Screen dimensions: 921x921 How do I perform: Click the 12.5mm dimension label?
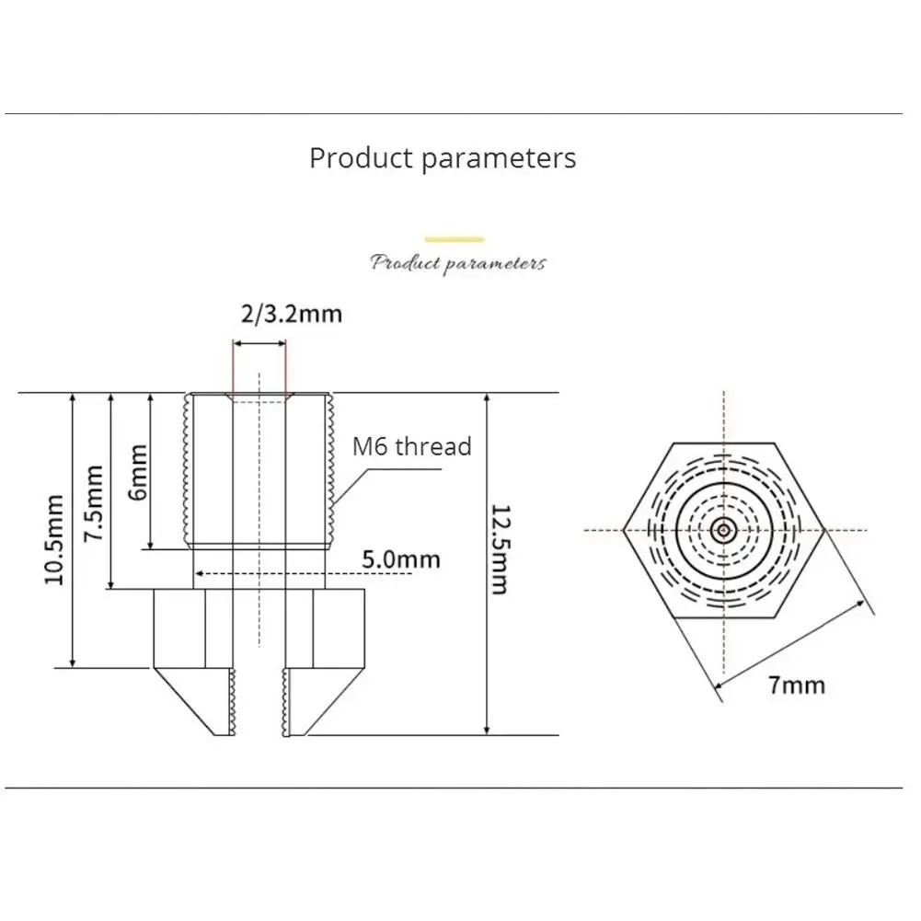(500, 549)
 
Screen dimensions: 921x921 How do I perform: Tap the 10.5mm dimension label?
(54, 540)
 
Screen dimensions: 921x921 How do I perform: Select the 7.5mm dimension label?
(94, 503)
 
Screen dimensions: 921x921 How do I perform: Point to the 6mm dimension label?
(137, 472)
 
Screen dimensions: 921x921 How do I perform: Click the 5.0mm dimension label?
(401, 559)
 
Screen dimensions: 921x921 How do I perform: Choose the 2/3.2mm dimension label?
(292, 315)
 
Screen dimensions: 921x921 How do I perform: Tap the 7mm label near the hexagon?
(797, 685)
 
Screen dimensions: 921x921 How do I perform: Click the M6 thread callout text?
(412, 446)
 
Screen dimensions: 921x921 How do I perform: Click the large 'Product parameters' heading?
(443, 158)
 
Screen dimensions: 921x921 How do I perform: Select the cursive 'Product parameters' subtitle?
(458, 263)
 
